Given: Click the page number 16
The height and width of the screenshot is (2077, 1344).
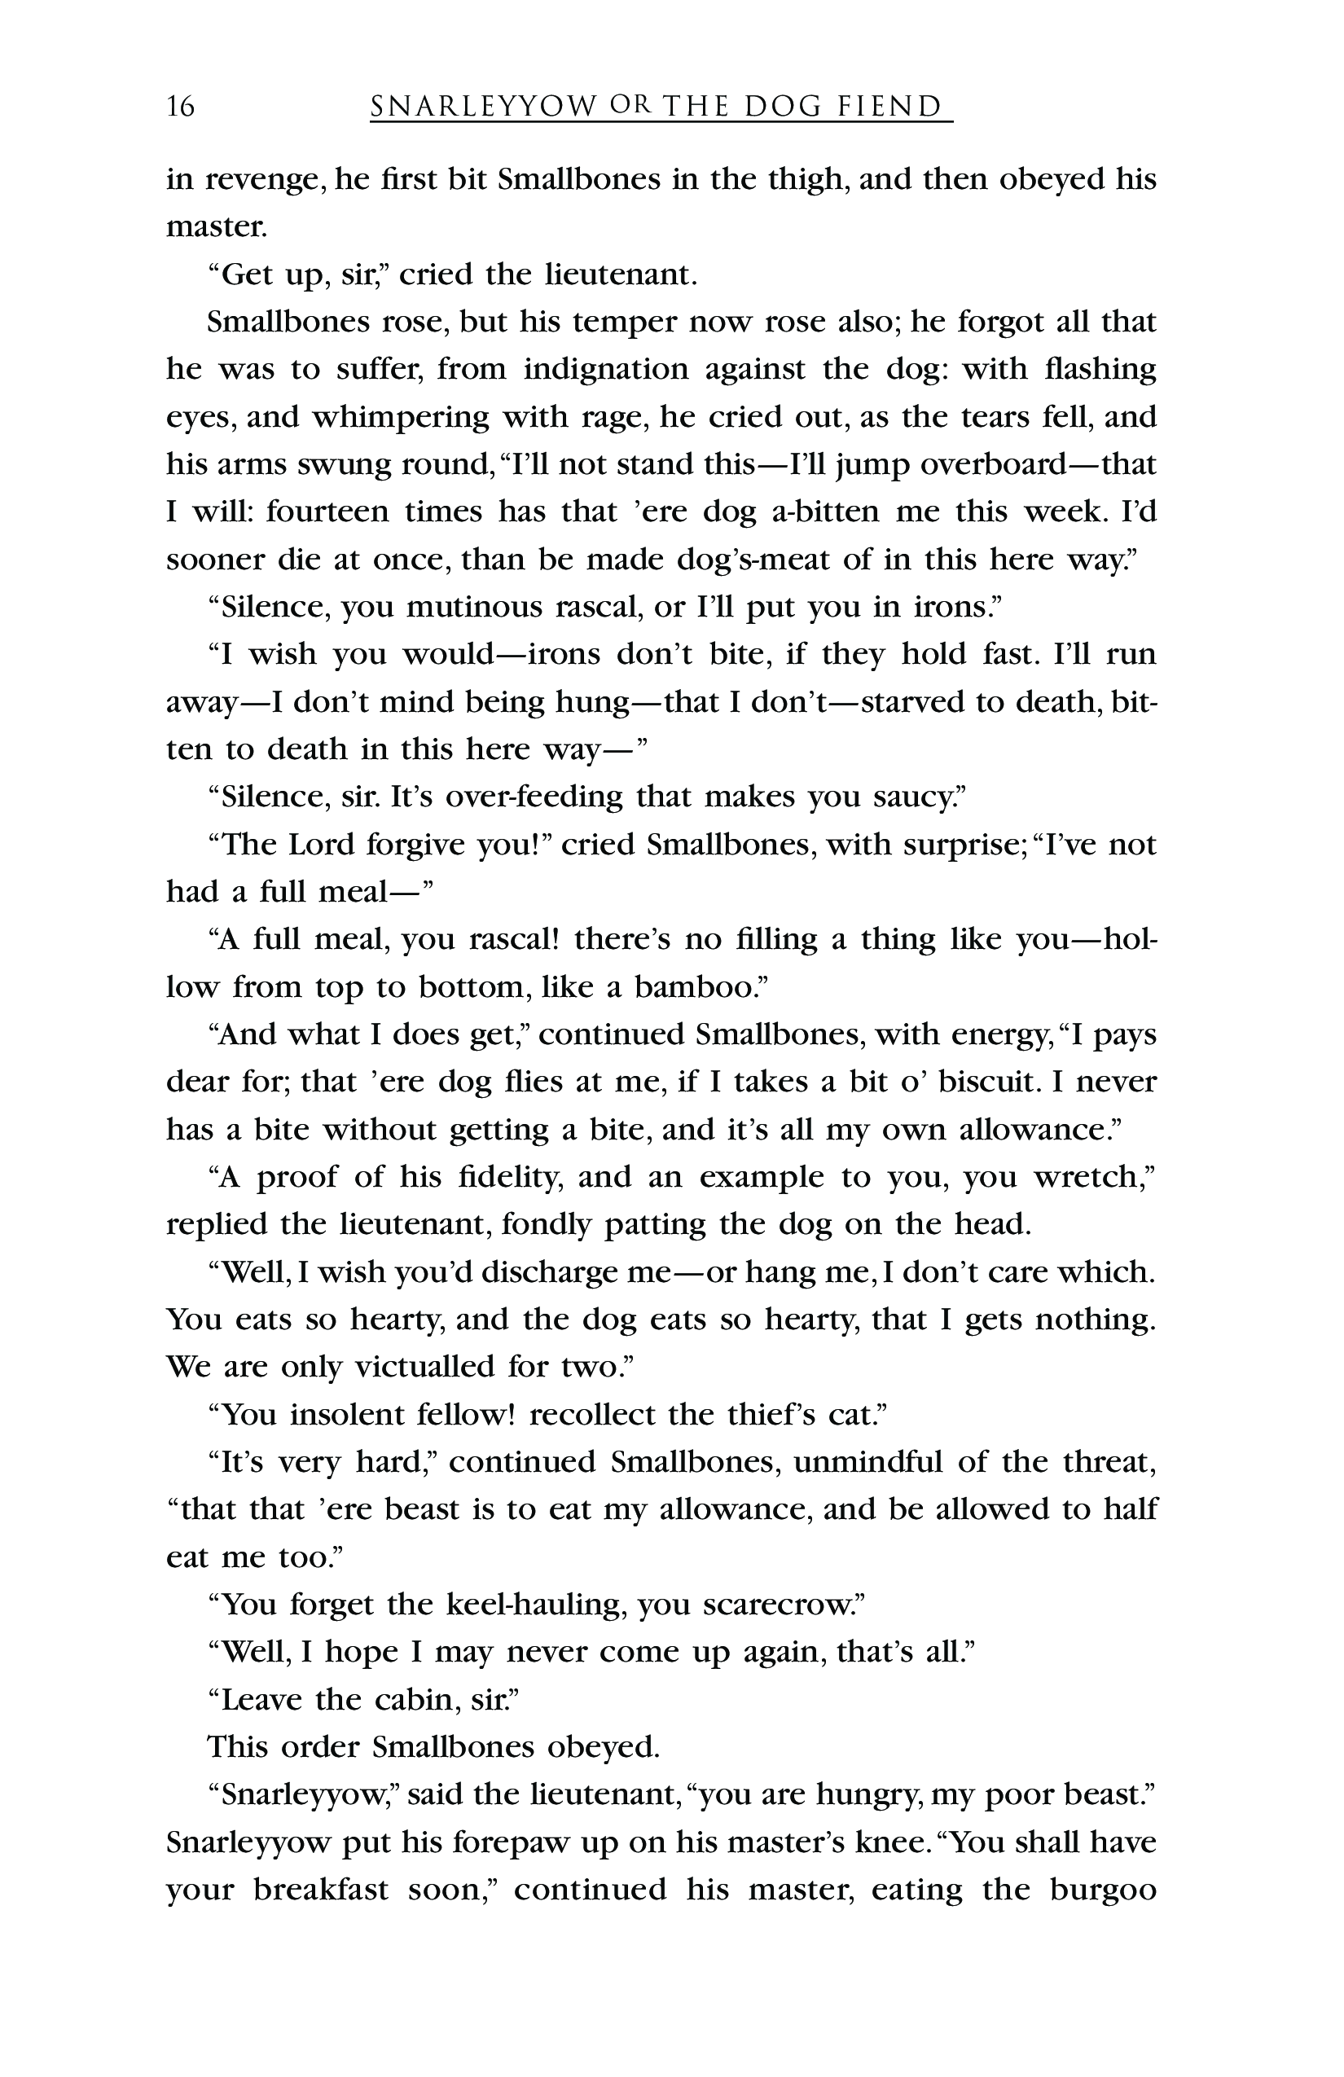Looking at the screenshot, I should point(181,107).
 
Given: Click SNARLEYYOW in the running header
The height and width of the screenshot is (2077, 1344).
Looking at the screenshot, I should point(484,107).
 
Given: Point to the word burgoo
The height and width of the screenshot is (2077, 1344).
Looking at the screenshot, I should point(1103,1890).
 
